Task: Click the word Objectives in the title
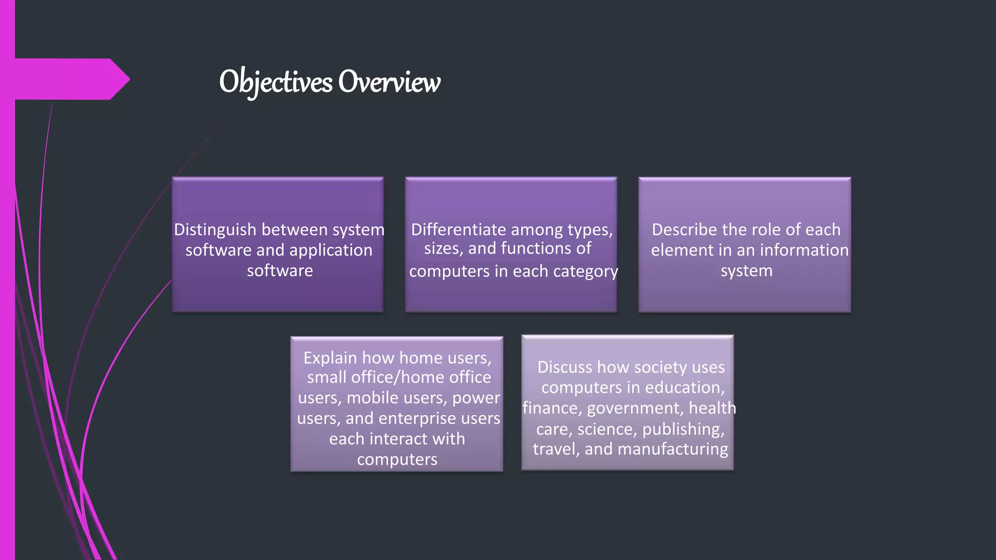(x=276, y=82)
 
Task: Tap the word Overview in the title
(x=389, y=82)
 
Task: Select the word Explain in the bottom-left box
(x=330, y=358)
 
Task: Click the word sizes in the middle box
(x=443, y=248)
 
